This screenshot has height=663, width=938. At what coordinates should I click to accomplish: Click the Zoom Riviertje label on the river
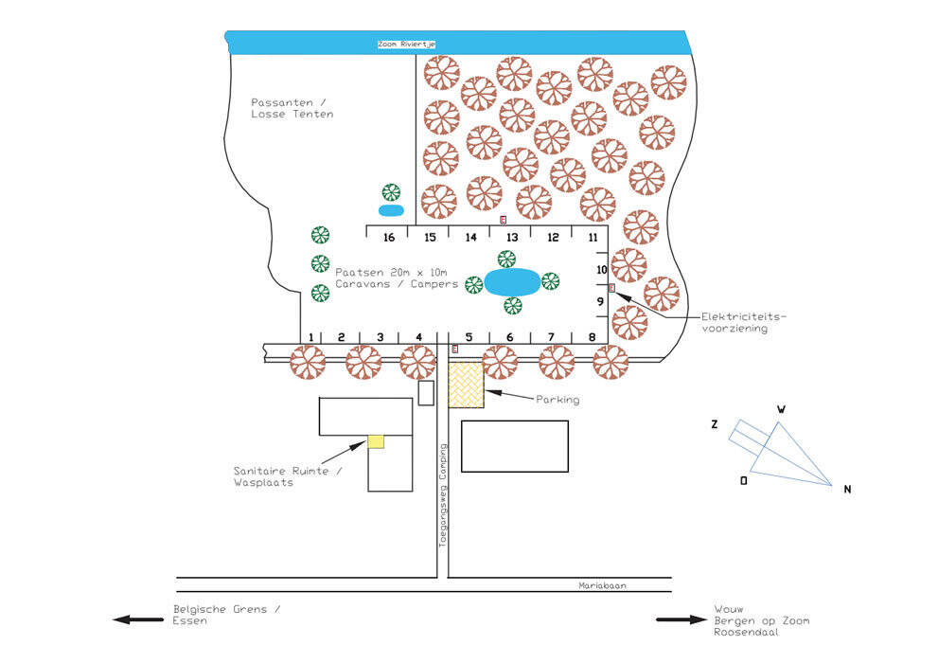point(406,44)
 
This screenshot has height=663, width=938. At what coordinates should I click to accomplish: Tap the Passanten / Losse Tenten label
point(292,107)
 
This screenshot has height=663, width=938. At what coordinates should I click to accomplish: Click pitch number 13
point(511,237)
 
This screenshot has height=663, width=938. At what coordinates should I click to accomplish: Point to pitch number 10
point(600,270)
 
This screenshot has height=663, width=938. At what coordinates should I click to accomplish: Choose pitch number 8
point(592,336)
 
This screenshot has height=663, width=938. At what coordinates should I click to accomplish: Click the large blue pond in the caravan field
point(512,281)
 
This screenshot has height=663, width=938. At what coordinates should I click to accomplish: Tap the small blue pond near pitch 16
point(391,209)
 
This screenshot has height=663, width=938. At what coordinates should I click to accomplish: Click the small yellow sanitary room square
point(376,440)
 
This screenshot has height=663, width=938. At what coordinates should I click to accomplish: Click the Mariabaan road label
point(603,585)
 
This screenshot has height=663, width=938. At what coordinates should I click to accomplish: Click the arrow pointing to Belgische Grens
point(136,619)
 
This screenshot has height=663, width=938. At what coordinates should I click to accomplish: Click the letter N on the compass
point(847,489)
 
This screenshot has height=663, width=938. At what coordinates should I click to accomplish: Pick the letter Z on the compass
point(715,424)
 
